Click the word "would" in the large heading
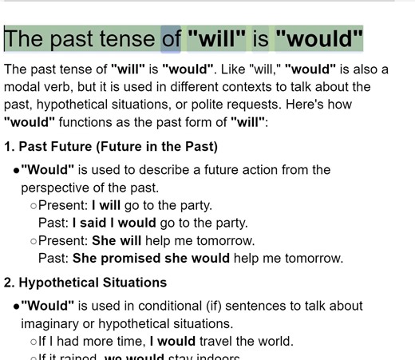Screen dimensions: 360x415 click(319, 38)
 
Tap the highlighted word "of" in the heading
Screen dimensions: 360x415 click(172, 38)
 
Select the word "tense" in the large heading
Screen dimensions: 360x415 click(126, 38)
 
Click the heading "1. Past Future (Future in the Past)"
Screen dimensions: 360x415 click(111, 147)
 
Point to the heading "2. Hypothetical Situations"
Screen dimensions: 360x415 click(85, 283)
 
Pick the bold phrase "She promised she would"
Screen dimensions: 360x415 click(151, 258)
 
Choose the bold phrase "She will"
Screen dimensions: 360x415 click(117, 240)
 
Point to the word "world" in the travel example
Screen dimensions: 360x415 click(275, 341)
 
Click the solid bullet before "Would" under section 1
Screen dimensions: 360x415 click(16, 171)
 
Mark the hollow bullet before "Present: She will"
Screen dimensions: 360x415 click(34, 241)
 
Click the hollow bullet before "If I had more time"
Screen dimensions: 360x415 click(34, 342)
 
